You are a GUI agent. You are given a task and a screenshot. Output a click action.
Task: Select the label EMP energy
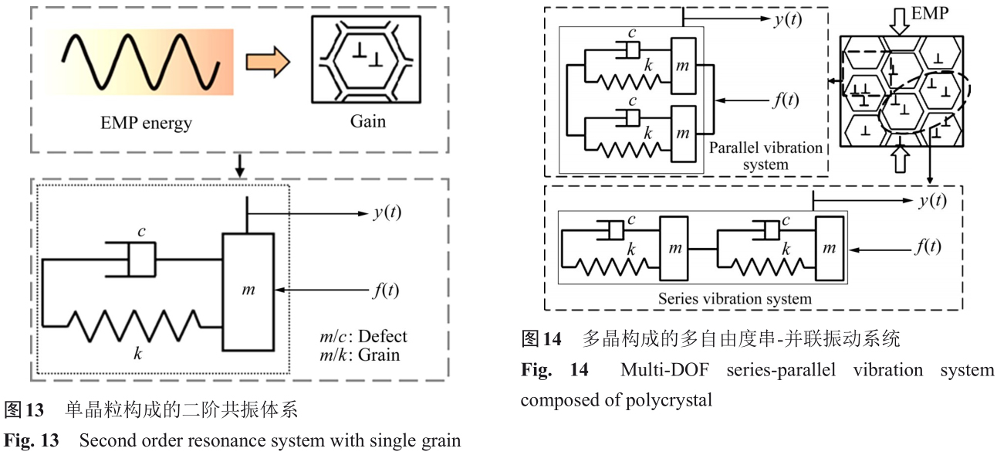pyautogui.click(x=146, y=123)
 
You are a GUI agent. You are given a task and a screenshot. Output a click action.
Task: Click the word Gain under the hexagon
pyautogui.click(x=367, y=121)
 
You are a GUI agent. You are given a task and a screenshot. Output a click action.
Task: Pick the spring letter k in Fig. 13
pyautogui.click(x=138, y=354)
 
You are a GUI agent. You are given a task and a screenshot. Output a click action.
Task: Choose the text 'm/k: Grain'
pyautogui.click(x=360, y=355)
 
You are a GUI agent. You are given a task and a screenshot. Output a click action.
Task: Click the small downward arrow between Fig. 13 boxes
pyautogui.click(x=240, y=165)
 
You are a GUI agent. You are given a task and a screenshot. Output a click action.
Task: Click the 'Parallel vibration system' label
pyautogui.click(x=765, y=155)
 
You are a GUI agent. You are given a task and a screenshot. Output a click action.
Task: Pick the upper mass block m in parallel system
pyautogui.click(x=682, y=67)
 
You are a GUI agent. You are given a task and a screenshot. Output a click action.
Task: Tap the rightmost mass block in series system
pyautogui.click(x=829, y=248)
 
